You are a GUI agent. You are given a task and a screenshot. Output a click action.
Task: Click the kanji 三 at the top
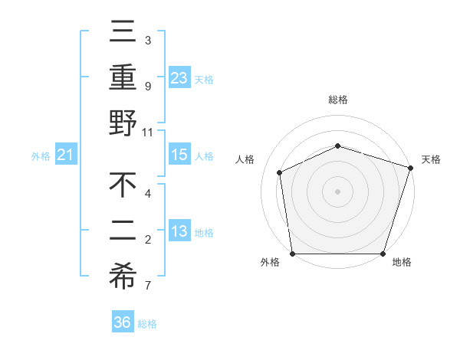(x=123, y=33)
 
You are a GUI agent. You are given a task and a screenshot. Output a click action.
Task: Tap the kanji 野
(x=123, y=123)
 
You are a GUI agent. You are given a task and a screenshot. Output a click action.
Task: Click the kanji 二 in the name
(x=123, y=231)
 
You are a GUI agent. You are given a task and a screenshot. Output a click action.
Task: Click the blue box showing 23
(x=179, y=77)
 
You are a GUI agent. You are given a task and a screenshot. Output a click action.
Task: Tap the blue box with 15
(x=179, y=155)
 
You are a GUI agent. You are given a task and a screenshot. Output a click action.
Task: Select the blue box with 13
(x=179, y=231)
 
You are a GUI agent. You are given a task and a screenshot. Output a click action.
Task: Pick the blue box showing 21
(x=66, y=155)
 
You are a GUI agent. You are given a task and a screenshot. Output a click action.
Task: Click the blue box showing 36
(x=123, y=322)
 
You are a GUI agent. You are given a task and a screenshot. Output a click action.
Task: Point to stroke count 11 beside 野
(x=148, y=132)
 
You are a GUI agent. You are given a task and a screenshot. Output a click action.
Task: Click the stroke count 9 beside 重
(x=148, y=86)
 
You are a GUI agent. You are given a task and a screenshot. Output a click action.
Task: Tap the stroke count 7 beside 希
(x=148, y=286)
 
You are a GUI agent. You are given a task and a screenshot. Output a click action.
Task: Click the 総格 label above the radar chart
(x=338, y=100)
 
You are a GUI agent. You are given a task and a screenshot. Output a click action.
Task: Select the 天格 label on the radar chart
(x=431, y=159)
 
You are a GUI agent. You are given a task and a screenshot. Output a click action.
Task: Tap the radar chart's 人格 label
(x=245, y=159)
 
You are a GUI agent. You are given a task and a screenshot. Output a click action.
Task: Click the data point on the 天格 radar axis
(x=411, y=167)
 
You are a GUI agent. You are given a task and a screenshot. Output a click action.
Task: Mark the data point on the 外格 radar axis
(x=292, y=254)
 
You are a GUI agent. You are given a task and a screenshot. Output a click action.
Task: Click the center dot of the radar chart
(x=338, y=191)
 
